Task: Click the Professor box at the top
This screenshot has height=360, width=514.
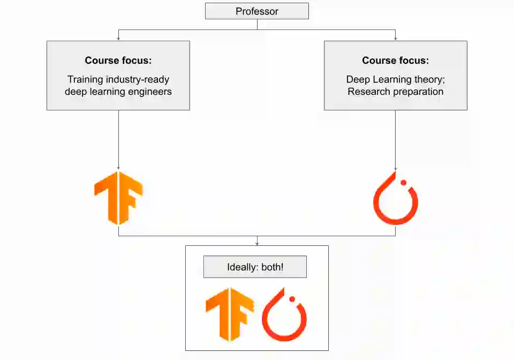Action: pyautogui.click(x=257, y=11)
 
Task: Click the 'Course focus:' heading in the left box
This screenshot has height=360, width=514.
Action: pyautogui.click(x=118, y=61)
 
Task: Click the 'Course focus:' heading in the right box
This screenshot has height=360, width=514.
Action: pyautogui.click(x=395, y=61)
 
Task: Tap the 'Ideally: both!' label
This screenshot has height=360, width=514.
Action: pyautogui.click(x=255, y=267)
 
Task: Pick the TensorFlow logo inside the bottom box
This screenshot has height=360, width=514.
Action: pyautogui.click(x=230, y=314)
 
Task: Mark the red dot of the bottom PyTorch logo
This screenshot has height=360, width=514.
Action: pyautogui.click(x=292, y=298)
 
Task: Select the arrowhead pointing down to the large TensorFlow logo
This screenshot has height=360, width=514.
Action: pyautogui.click(x=118, y=168)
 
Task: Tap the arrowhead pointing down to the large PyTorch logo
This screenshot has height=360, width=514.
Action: pyautogui.click(x=396, y=168)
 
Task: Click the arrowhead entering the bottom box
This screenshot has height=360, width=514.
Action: pyautogui.click(x=257, y=244)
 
